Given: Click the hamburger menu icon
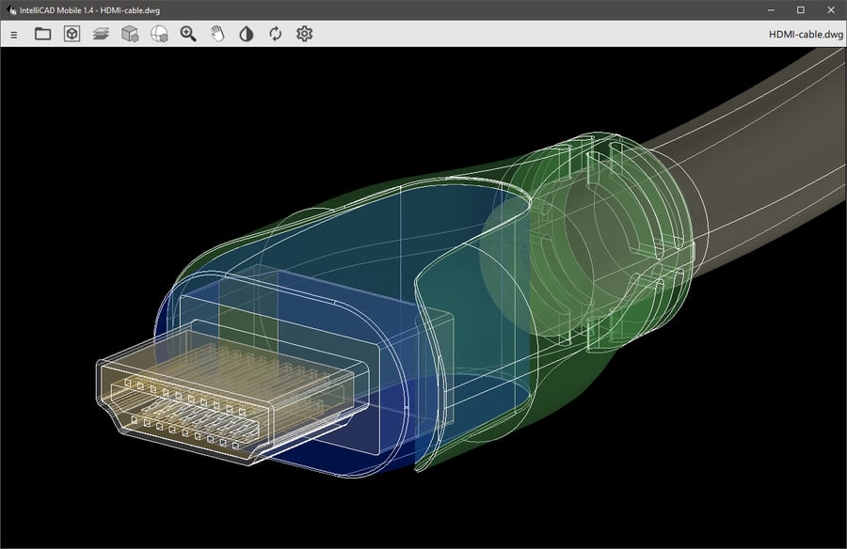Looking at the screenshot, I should click(13, 35).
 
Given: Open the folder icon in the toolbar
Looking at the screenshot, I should click(42, 34).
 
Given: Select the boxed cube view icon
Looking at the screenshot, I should click(72, 34).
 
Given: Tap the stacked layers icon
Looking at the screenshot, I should click(101, 34).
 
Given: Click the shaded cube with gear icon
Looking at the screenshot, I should click(130, 34).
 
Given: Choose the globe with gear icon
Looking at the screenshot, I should click(159, 34).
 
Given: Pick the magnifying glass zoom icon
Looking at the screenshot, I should click(188, 34).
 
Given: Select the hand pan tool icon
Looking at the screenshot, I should click(217, 34).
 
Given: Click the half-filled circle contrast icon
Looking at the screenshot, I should click(247, 34).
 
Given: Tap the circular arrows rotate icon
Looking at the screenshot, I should click(275, 34).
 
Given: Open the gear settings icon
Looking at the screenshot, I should click(304, 34).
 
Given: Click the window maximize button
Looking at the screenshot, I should click(801, 9).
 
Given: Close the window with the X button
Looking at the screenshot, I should click(829, 9).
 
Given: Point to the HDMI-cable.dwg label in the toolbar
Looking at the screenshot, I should click(806, 35).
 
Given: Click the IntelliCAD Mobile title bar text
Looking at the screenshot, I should click(85, 9).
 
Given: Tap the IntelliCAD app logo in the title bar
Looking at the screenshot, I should click(10, 9).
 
